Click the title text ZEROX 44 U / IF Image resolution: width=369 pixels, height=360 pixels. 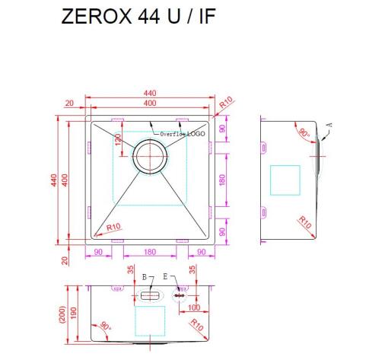tap(138, 18)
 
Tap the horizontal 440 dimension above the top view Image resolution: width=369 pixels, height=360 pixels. tap(150, 94)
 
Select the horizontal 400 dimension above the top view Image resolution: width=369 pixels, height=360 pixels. tap(150, 103)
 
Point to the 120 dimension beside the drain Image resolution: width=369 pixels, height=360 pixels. tap(119, 142)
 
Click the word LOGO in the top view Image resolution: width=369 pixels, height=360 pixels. tap(197, 133)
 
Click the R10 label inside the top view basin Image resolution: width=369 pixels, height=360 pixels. tap(114, 226)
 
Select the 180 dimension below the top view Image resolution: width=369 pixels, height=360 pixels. tap(150, 252)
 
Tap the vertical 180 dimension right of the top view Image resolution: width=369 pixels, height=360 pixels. tap(222, 180)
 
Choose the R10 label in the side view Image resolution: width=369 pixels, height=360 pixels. tap(304, 223)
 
